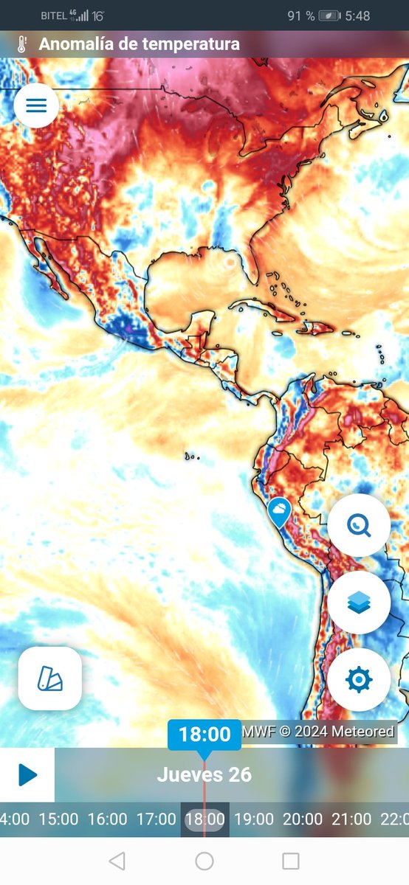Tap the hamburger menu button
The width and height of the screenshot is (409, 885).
click(x=36, y=105)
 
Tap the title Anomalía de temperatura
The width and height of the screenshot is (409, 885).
click(x=139, y=44)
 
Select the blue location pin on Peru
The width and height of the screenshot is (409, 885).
click(x=278, y=511)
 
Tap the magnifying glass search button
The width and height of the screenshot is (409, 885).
click(x=359, y=526)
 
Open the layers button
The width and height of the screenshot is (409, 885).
click(x=359, y=603)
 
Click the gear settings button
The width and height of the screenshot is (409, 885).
click(x=359, y=679)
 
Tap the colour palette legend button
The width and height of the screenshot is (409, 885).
click(x=49, y=678)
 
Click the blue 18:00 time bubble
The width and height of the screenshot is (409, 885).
click(x=205, y=735)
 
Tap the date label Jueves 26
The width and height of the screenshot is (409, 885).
click(x=205, y=775)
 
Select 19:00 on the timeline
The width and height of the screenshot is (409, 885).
click(x=253, y=819)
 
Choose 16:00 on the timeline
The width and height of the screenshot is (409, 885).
click(x=107, y=819)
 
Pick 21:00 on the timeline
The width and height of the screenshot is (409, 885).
click(x=351, y=819)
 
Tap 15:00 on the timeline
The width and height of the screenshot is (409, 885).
click(x=58, y=819)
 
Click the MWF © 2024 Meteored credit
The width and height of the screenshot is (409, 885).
click(x=319, y=733)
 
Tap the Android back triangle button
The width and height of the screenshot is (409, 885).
click(x=117, y=861)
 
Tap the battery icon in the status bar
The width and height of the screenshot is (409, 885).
click(x=331, y=15)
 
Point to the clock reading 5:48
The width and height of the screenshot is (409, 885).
click(x=357, y=15)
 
